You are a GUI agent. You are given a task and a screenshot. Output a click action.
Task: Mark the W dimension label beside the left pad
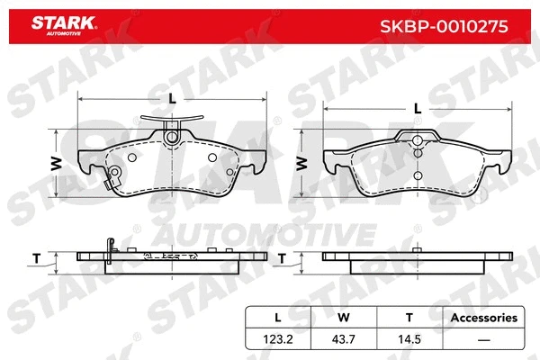tap(55, 163)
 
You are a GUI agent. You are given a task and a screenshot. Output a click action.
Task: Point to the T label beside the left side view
tap(37, 258)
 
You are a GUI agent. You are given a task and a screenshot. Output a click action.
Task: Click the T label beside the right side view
tap(283, 258)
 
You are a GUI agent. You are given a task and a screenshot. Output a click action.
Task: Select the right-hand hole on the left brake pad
tap(211, 157)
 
